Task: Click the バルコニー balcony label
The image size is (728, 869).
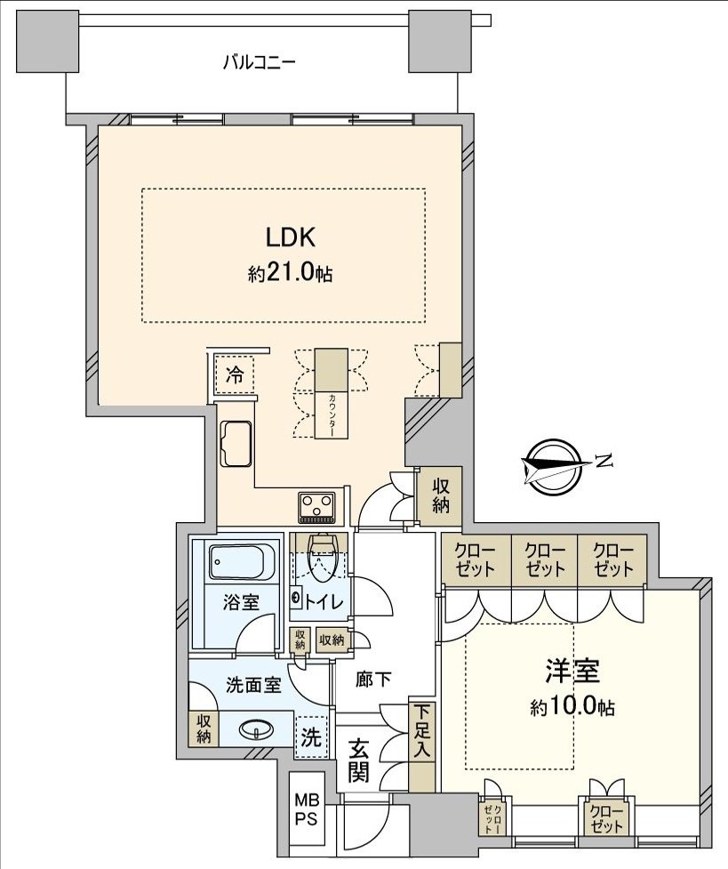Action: point(259,61)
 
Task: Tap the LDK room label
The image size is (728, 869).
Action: point(291,237)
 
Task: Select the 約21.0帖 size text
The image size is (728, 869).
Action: point(290,273)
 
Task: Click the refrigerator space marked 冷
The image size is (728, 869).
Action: point(235,375)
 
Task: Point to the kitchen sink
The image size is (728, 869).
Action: point(236,444)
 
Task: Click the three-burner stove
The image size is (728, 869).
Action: point(317,507)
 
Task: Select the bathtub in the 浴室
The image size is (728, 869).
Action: point(236,562)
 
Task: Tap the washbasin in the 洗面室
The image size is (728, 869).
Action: point(257,729)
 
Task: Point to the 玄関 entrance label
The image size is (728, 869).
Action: point(358,761)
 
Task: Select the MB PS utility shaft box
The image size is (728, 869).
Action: point(306,809)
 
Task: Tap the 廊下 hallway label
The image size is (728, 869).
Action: point(373,679)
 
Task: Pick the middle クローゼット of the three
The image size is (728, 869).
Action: point(545,559)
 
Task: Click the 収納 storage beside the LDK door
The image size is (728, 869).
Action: point(441,495)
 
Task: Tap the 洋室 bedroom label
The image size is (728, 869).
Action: point(572,672)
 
